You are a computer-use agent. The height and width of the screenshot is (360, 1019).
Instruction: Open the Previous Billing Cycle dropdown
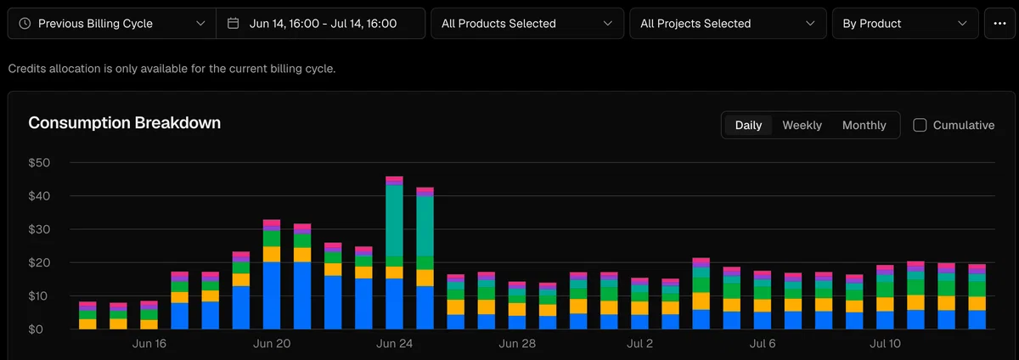coord(112,23)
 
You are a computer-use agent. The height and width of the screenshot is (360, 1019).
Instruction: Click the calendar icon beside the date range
coord(233,23)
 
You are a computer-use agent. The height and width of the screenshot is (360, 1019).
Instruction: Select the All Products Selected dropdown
coord(527,23)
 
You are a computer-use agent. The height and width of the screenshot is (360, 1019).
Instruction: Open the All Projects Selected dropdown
coord(728,23)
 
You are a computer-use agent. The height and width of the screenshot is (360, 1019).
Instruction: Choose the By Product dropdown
coord(905,23)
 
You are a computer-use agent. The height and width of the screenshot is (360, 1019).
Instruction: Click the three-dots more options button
coord(999,23)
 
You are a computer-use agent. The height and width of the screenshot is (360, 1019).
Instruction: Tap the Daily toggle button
coord(748,125)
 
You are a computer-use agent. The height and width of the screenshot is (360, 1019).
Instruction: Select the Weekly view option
coord(802,125)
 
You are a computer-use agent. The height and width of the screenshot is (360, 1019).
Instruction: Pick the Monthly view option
coord(864,125)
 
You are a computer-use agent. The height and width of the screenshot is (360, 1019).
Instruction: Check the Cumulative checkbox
coord(920,125)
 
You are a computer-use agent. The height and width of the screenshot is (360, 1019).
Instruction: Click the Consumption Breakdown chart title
coord(124,123)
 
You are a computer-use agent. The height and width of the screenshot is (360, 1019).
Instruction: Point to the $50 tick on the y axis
coord(39,162)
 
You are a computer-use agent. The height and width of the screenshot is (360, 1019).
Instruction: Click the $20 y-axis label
coord(39,262)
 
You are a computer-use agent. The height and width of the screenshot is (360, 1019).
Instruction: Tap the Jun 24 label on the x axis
coord(394,343)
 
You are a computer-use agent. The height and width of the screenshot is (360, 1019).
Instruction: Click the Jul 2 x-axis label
coord(639,343)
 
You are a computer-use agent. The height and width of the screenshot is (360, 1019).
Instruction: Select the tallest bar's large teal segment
coord(394,221)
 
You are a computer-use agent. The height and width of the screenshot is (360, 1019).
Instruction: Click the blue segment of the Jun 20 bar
coord(272,295)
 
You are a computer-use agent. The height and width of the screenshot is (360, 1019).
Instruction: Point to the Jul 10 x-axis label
coord(885,343)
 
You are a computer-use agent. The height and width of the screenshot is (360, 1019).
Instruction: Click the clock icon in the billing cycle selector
coord(25,23)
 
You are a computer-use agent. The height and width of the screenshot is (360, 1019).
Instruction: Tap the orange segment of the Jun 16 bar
coord(149,324)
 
